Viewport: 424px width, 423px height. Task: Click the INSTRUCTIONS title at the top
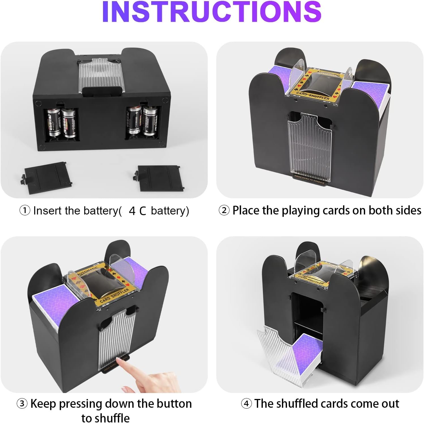pyautogui.click(x=212, y=12)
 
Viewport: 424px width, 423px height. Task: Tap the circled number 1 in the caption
pyautogui.click(x=25, y=211)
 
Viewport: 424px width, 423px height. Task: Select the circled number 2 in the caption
pyautogui.click(x=224, y=211)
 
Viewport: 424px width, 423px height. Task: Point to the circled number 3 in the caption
pyautogui.click(x=22, y=404)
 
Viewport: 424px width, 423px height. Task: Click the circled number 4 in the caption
pyautogui.click(x=246, y=403)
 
